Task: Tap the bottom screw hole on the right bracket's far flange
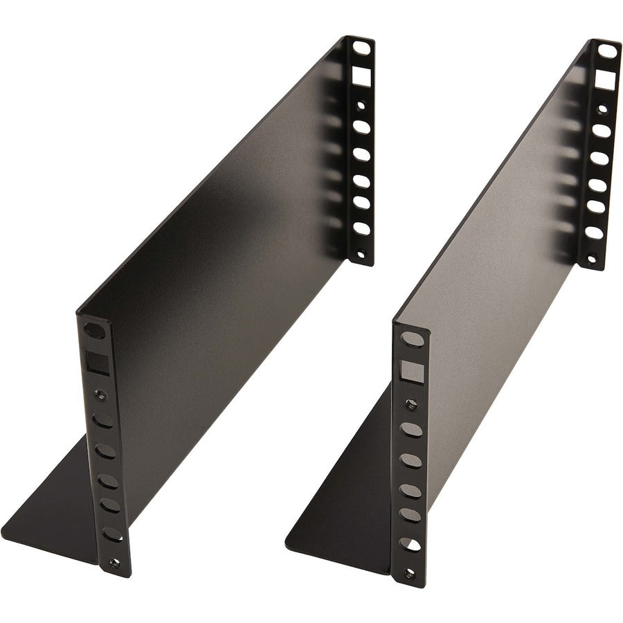pyautogui.click(x=590, y=260)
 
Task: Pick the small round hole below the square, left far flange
pyautogui.click(x=361, y=105)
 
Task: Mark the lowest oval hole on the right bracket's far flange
pyautogui.click(x=593, y=231)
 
